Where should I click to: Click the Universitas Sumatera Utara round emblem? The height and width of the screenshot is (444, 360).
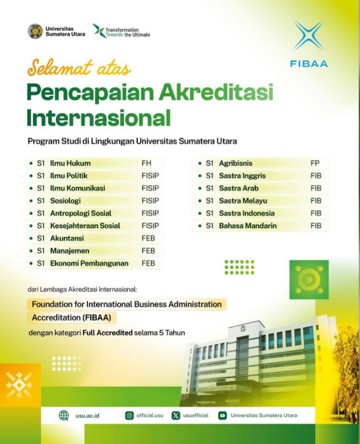click(x=35, y=31)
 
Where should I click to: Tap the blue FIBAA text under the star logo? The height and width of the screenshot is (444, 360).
click(x=309, y=64)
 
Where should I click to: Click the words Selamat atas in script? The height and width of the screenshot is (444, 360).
click(x=79, y=67)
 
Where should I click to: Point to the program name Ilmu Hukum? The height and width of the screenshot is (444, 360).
click(x=70, y=163)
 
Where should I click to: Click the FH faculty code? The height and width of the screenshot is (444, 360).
click(x=146, y=163)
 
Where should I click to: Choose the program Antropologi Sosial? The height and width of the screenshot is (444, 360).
click(x=81, y=213)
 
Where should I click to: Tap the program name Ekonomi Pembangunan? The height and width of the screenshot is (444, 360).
click(x=89, y=263)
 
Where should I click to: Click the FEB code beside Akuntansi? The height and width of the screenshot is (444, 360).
click(x=148, y=238)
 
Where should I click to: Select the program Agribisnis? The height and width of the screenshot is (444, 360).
click(x=235, y=163)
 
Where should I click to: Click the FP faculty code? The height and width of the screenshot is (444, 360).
click(x=315, y=163)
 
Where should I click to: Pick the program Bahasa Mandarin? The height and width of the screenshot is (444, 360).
click(x=248, y=226)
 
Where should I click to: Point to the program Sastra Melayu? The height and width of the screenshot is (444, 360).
click(x=243, y=201)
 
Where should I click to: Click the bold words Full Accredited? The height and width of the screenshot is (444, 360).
click(x=108, y=333)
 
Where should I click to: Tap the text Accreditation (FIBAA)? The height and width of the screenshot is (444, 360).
click(x=71, y=318)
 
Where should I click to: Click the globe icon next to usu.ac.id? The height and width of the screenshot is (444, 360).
click(x=64, y=416)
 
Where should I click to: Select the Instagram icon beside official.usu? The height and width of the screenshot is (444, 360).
click(x=129, y=416)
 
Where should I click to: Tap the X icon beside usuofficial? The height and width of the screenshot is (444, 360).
click(x=176, y=416)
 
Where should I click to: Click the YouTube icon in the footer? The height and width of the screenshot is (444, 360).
click(x=222, y=416)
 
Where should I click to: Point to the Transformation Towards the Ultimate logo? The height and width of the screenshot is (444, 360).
click(x=121, y=31)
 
